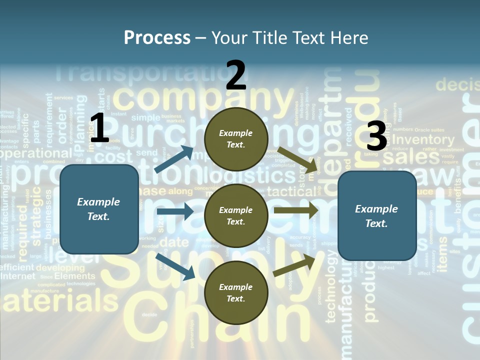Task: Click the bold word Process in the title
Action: [x=157, y=38]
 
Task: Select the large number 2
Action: [x=236, y=75]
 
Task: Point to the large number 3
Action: [x=376, y=136]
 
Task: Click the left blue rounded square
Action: [x=99, y=209]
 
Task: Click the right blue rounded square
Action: [x=377, y=216]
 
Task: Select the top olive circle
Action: [x=236, y=139]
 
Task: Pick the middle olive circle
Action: [x=236, y=216]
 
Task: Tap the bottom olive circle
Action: [x=236, y=293]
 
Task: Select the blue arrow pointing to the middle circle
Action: [x=174, y=211]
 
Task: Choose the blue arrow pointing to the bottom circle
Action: [x=175, y=266]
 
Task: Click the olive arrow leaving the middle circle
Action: [x=295, y=210]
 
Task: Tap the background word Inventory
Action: [x=423, y=140]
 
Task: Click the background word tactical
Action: [x=291, y=191]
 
